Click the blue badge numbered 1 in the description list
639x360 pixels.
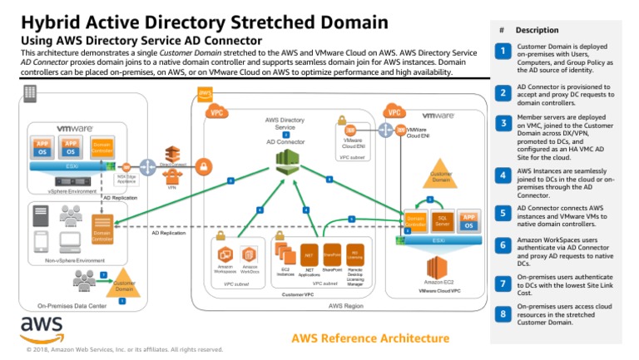(503, 52)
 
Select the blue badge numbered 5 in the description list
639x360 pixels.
(503, 212)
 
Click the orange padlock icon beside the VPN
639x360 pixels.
(203, 169)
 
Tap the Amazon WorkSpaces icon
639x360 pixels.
(225, 254)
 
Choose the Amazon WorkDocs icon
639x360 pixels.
(249, 255)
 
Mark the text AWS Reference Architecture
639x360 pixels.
(370, 338)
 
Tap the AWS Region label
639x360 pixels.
(346, 306)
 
